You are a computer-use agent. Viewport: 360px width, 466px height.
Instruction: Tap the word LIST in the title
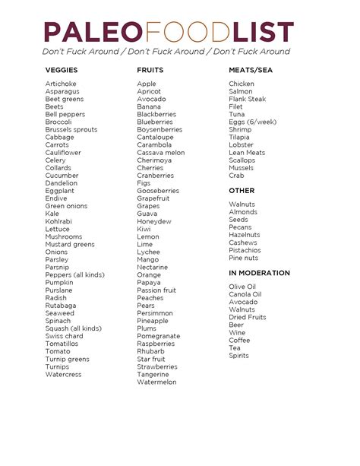(262, 32)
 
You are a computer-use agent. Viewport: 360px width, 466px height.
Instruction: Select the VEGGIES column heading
(61, 70)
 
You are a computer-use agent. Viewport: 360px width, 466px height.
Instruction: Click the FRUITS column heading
(150, 70)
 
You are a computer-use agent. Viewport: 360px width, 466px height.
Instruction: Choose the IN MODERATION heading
(259, 273)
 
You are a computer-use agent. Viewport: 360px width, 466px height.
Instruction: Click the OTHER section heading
(242, 191)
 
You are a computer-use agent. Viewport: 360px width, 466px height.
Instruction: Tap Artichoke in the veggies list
(61, 84)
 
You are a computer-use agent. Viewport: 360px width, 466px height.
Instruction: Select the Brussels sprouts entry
(71, 130)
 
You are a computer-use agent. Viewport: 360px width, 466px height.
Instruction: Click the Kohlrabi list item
(59, 221)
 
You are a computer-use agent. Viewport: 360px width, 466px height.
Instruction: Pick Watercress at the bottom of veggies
(63, 375)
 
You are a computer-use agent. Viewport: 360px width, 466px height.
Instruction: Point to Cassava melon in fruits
(160, 153)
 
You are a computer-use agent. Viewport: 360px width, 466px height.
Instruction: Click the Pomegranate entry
(158, 336)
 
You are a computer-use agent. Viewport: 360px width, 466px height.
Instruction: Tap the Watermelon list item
(156, 382)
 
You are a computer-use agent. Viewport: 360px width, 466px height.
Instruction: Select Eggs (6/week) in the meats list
(252, 122)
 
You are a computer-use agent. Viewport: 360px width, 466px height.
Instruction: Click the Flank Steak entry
(247, 100)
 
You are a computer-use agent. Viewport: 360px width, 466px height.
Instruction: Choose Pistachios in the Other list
(245, 250)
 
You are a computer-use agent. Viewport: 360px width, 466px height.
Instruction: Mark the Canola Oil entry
(245, 294)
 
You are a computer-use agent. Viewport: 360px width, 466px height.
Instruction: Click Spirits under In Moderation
(238, 356)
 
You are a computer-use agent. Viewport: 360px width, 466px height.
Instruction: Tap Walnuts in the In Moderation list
(242, 309)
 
